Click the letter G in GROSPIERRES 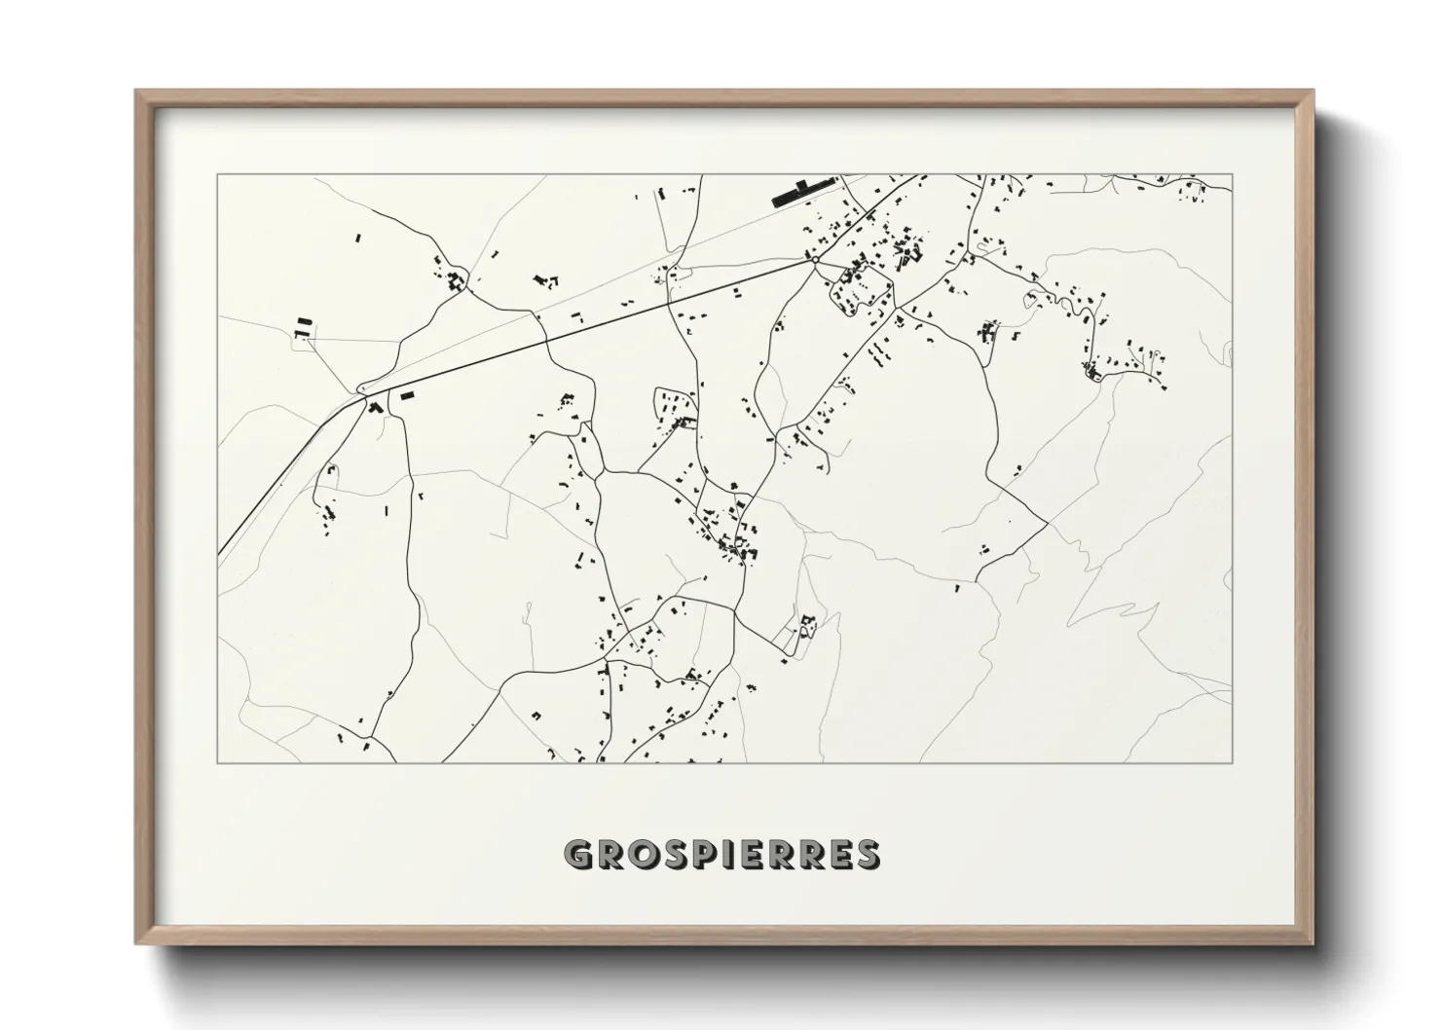578,855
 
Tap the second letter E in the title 837,855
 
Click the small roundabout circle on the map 814,260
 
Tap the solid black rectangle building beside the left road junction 407,395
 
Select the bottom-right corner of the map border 1233,762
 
